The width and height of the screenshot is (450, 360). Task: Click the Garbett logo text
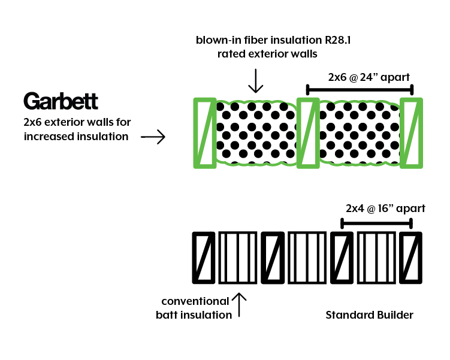click(x=61, y=101)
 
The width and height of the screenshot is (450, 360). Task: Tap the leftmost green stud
click(x=204, y=132)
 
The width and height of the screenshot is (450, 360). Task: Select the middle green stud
click(x=307, y=132)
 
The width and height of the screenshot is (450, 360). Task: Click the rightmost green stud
click(x=412, y=132)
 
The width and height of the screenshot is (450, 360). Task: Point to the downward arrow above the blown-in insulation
click(x=256, y=80)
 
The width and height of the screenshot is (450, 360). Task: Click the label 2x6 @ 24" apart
click(x=360, y=77)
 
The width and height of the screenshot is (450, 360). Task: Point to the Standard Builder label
click(x=369, y=314)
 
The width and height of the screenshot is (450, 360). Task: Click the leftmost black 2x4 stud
click(x=204, y=257)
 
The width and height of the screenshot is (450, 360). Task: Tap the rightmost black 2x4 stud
click(x=411, y=257)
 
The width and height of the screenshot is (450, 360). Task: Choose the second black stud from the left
click(x=273, y=257)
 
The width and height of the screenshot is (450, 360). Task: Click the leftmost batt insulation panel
click(x=238, y=257)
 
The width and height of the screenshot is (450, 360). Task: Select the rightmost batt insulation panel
click(x=376, y=257)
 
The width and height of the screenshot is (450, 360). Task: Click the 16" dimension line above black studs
click(x=376, y=223)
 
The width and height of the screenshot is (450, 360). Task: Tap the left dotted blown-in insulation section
click(x=256, y=132)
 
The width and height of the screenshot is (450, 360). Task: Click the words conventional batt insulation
click(x=195, y=308)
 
